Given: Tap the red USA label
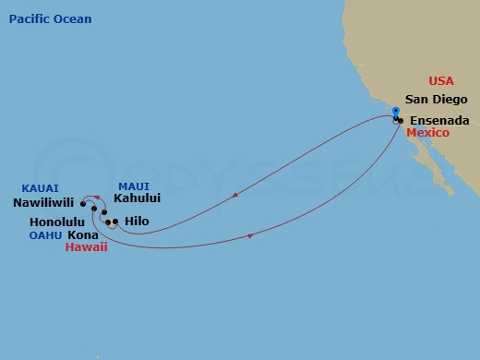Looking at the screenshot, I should [443, 81].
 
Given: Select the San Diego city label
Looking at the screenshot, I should [438, 100].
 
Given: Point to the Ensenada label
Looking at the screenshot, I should [439, 121].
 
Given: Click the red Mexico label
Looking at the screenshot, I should [427, 133].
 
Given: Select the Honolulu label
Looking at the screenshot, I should [57, 222].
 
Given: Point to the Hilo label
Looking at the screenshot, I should [136, 222].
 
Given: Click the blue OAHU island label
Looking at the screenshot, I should [45, 234].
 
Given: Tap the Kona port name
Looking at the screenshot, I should [83, 235].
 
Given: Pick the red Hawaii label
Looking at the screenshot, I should [86, 247].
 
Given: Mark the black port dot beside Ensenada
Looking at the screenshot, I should [401, 121].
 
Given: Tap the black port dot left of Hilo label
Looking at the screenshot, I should [115, 222].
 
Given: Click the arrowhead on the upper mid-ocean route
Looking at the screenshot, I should [239, 195].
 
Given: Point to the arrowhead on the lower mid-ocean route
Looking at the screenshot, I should [250, 236].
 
